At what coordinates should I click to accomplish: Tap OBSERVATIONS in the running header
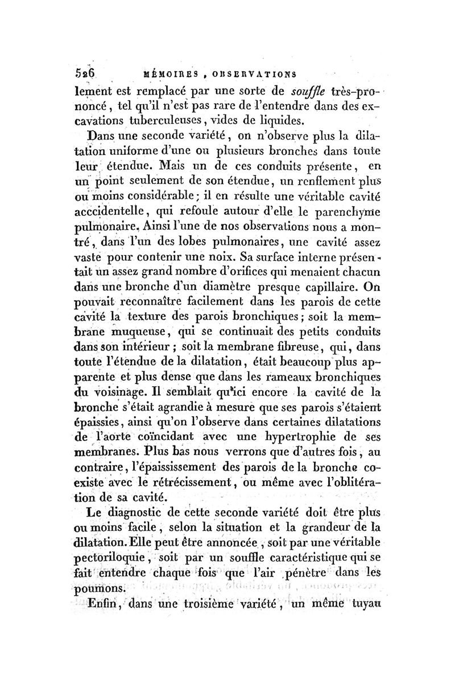(255, 74)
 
